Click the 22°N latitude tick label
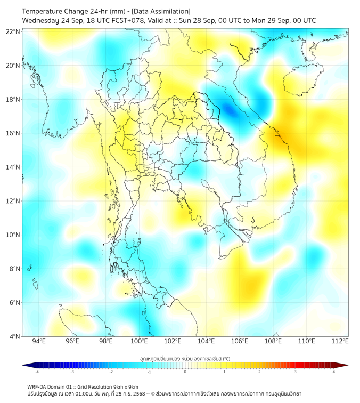13,32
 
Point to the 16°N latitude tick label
13,133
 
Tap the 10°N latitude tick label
13,235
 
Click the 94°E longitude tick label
39,341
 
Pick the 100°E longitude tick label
140,341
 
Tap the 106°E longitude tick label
240,341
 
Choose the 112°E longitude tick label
340,341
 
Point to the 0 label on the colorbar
185,372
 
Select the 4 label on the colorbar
333,372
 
